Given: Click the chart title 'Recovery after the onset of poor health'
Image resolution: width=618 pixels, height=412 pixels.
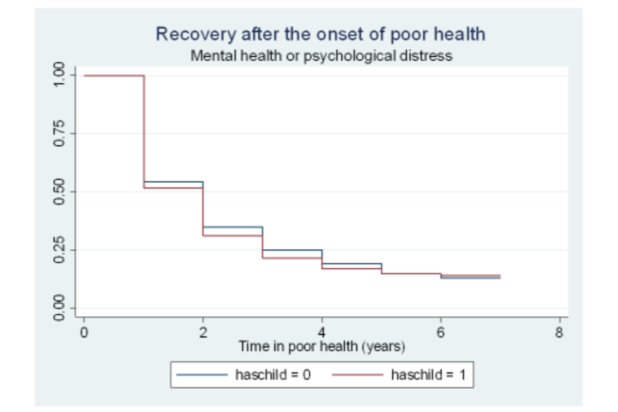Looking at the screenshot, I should tap(320, 34).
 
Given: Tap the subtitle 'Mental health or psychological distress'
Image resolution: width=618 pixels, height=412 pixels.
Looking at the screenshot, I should tap(321, 55).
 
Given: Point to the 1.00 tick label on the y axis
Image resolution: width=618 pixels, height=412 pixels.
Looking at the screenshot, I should tap(59, 75).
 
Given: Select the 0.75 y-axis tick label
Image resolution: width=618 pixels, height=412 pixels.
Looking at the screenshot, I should tap(59, 133).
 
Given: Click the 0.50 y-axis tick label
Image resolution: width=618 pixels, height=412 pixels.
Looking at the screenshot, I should tap(59, 192).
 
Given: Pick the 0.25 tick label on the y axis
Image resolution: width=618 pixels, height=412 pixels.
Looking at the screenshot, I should tap(59, 250).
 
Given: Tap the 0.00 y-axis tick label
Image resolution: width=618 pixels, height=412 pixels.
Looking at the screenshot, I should tap(59, 308).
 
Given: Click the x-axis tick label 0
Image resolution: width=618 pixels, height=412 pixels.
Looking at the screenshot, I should tap(84, 332).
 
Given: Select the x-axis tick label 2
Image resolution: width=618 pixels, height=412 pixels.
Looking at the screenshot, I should tap(203, 332).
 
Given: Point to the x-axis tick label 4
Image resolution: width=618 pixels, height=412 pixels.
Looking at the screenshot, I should tap(322, 332).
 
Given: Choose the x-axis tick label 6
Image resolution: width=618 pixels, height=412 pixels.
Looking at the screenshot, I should tap(441, 332).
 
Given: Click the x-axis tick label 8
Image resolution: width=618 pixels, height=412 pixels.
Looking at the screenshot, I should tap(559, 332).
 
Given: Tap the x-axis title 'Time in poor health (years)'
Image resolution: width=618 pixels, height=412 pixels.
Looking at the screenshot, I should tap(322, 347).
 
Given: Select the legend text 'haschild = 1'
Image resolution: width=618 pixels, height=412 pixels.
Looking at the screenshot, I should tap(428, 374).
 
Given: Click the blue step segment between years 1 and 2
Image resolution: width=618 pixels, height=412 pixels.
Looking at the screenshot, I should tap(174, 182).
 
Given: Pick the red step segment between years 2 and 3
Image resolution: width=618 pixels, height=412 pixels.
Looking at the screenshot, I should tap(233, 236).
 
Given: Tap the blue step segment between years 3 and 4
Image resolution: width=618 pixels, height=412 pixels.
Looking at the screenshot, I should tap(293, 250).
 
